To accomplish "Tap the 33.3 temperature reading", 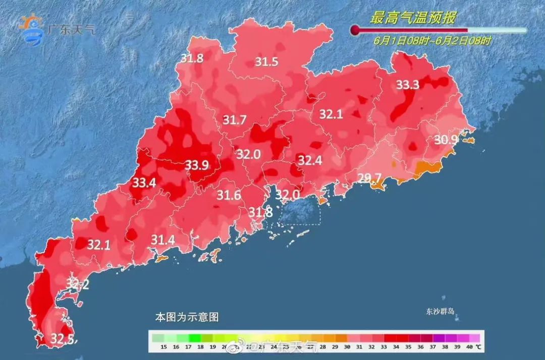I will pos(407,85).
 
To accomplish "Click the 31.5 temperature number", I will pos(266,62).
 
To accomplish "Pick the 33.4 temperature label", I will pos(144,183).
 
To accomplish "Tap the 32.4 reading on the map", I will pos(309,161).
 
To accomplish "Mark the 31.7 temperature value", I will pos(235,120).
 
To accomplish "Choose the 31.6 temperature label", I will pos(229,195).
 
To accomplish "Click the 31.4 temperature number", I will pos(163,240).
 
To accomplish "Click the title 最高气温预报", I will pos(413,19).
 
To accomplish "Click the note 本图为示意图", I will pos(187,318).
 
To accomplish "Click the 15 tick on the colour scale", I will pos(163,347).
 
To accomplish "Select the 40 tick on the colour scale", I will pos(469,347).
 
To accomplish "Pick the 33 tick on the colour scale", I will pos(384,347).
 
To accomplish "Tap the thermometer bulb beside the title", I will pos(355,31).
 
